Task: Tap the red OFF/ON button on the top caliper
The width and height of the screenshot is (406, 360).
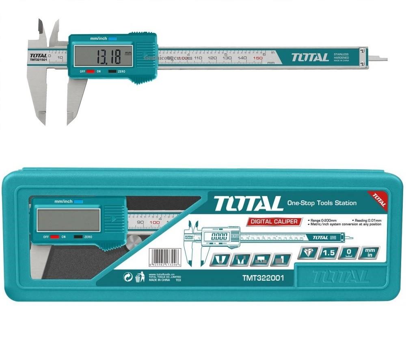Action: pos(90,71)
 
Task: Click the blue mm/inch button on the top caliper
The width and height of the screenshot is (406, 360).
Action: pos(112,39)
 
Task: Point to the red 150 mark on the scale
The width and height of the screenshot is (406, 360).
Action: pos(257,58)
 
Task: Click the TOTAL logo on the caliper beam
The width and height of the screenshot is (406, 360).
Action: pos(310,57)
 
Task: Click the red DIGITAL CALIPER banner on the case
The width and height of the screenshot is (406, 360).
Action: pos(274,221)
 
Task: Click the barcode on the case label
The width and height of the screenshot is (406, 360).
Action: pos(164,257)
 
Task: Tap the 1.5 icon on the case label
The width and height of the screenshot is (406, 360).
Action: pos(328,253)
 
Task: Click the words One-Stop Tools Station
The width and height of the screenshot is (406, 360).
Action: pos(322,203)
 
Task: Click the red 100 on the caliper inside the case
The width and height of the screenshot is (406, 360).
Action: pos(154,222)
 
